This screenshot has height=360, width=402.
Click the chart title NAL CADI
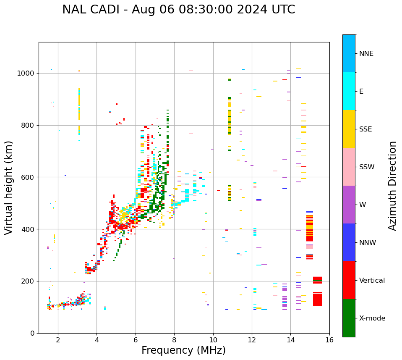(x=178, y=10)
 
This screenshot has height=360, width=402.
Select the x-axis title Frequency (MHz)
(x=183, y=350)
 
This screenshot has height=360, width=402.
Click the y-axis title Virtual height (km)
(x=9, y=188)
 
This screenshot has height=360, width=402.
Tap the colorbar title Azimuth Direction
(x=392, y=186)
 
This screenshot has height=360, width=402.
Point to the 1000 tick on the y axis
(x=28, y=73)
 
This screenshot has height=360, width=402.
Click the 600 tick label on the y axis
(x=29, y=177)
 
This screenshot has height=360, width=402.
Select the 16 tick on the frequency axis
(x=329, y=339)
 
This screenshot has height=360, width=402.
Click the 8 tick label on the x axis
(x=174, y=339)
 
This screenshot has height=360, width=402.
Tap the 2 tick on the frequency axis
(x=58, y=339)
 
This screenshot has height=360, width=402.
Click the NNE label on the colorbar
(x=366, y=54)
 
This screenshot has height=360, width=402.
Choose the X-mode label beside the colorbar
(x=372, y=318)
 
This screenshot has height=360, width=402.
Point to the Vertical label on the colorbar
(x=372, y=281)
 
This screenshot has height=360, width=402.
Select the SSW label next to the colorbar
(x=367, y=167)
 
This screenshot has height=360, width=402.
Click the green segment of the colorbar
(x=349, y=318)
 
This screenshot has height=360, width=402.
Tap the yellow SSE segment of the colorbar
(x=349, y=129)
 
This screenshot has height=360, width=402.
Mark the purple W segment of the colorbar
(x=349, y=205)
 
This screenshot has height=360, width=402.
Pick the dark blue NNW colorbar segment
(x=349, y=242)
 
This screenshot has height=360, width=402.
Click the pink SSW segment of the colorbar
(x=349, y=167)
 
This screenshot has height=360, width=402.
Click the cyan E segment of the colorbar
(x=349, y=91)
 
